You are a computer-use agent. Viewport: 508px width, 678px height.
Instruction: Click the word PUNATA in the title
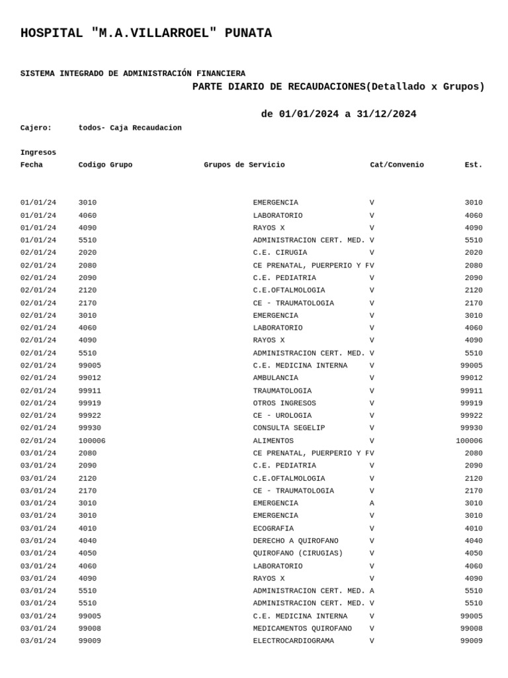click(x=247, y=34)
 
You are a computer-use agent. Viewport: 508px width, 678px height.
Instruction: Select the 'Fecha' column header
click(x=31, y=165)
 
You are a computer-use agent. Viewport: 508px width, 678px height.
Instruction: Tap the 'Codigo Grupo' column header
click(x=105, y=165)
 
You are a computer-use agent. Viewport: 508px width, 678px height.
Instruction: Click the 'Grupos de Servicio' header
click(x=244, y=165)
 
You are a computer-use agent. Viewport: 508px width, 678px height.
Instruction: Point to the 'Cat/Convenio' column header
click(x=397, y=165)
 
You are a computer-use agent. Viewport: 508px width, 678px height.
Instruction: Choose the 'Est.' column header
click(x=473, y=165)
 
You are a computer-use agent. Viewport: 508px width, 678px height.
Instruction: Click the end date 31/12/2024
click(x=386, y=115)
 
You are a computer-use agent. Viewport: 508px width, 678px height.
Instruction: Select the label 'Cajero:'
click(x=36, y=128)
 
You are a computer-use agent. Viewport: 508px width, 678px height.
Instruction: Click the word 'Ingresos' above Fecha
click(x=38, y=152)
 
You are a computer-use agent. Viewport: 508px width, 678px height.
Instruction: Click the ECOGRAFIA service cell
click(x=273, y=528)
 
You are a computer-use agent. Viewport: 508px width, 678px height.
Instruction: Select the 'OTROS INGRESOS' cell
click(x=284, y=403)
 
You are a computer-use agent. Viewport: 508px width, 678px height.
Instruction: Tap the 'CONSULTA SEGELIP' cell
click(x=289, y=428)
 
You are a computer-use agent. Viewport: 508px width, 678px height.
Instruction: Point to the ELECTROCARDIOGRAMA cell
click(x=293, y=641)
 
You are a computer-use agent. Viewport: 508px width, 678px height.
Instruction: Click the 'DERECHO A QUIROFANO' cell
click(x=296, y=541)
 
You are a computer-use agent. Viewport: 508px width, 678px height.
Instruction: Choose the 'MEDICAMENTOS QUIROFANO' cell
click(x=302, y=628)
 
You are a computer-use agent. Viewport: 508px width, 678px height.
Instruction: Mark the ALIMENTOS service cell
click(x=273, y=441)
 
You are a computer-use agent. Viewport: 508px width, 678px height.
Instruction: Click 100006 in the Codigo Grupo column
click(x=92, y=441)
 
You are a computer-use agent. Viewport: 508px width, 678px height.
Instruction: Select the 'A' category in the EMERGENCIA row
click(x=372, y=503)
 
